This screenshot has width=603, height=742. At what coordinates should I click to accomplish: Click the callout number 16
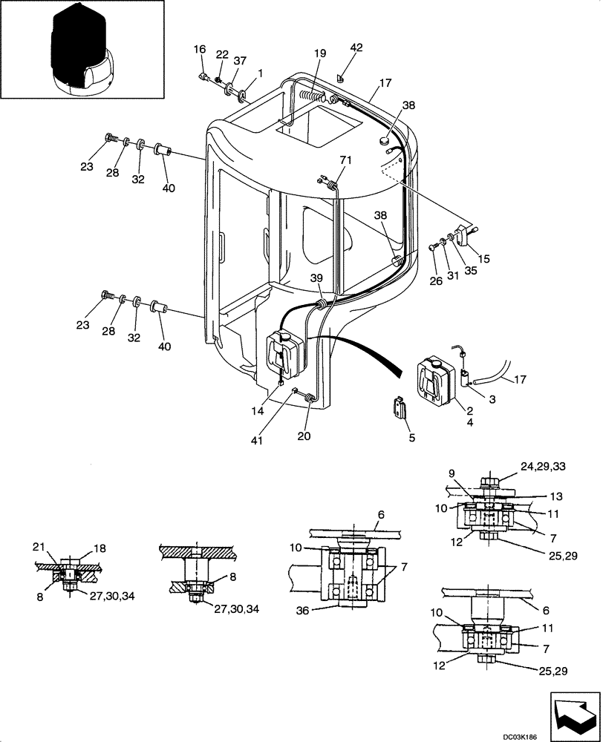coord(200,49)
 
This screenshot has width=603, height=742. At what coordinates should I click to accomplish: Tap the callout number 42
coord(356,48)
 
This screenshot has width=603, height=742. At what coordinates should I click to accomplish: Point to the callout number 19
coord(319,53)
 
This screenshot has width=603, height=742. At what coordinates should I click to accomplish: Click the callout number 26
coord(436,280)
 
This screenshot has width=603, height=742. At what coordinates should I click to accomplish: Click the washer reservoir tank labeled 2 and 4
coord(433,381)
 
